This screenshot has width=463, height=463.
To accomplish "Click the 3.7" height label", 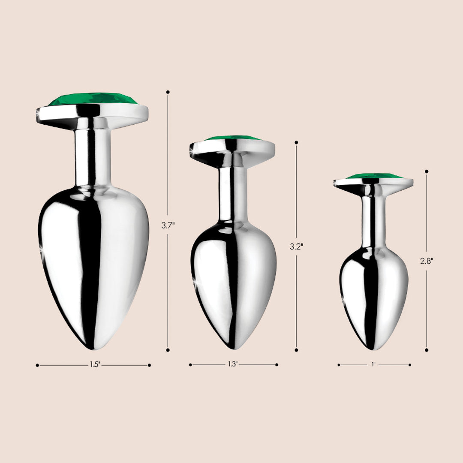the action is [x=168, y=225].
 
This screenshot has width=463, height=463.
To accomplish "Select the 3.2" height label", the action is [x=296, y=246].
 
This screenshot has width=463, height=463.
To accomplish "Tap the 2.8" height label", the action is [x=427, y=261].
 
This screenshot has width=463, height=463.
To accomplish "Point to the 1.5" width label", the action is [x=95, y=365].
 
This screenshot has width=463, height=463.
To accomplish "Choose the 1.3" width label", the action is [x=232, y=364].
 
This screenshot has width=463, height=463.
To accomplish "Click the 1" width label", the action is [x=373, y=364].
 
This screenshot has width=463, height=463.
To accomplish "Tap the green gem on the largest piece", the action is [x=93, y=99].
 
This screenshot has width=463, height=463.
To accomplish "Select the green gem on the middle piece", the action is [x=233, y=138].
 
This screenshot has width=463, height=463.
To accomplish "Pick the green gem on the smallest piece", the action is [x=374, y=176].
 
